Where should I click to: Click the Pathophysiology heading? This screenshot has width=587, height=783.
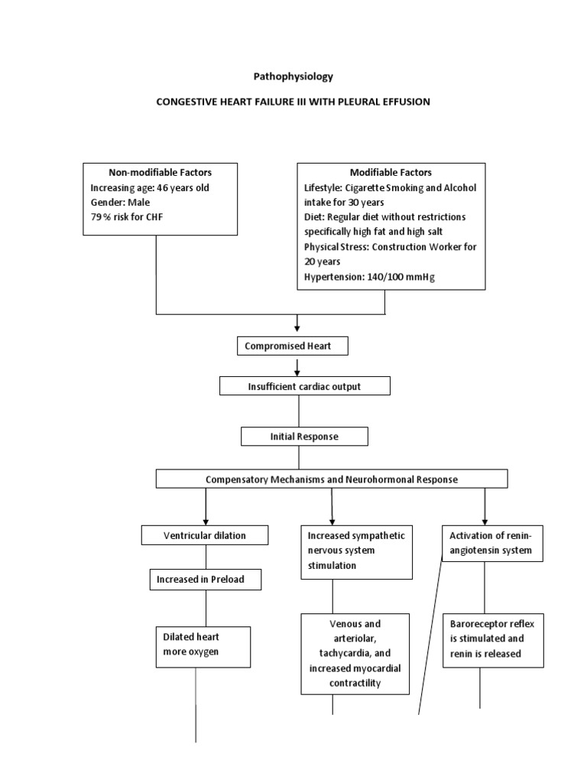point(293,77)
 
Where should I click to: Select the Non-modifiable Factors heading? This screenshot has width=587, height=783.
point(160,173)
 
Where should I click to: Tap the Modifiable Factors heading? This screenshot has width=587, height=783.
point(391,173)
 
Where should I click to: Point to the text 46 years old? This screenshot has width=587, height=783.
point(187,188)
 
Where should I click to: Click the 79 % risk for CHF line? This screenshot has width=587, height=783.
point(126,217)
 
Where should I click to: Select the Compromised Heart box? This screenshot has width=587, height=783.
point(293,346)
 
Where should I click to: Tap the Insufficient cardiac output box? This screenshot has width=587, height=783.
point(304,386)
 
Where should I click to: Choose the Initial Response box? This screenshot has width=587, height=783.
point(304,437)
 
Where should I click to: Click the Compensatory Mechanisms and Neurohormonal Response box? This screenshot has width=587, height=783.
point(332,479)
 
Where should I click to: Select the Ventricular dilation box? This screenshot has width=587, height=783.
point(205,535)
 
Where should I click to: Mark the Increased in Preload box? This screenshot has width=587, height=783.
point(205,580)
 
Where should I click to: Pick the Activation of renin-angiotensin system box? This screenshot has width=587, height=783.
point(493,543)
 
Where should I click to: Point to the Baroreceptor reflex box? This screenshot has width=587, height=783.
point(491,638)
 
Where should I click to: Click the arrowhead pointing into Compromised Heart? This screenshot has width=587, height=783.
point(297,328)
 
